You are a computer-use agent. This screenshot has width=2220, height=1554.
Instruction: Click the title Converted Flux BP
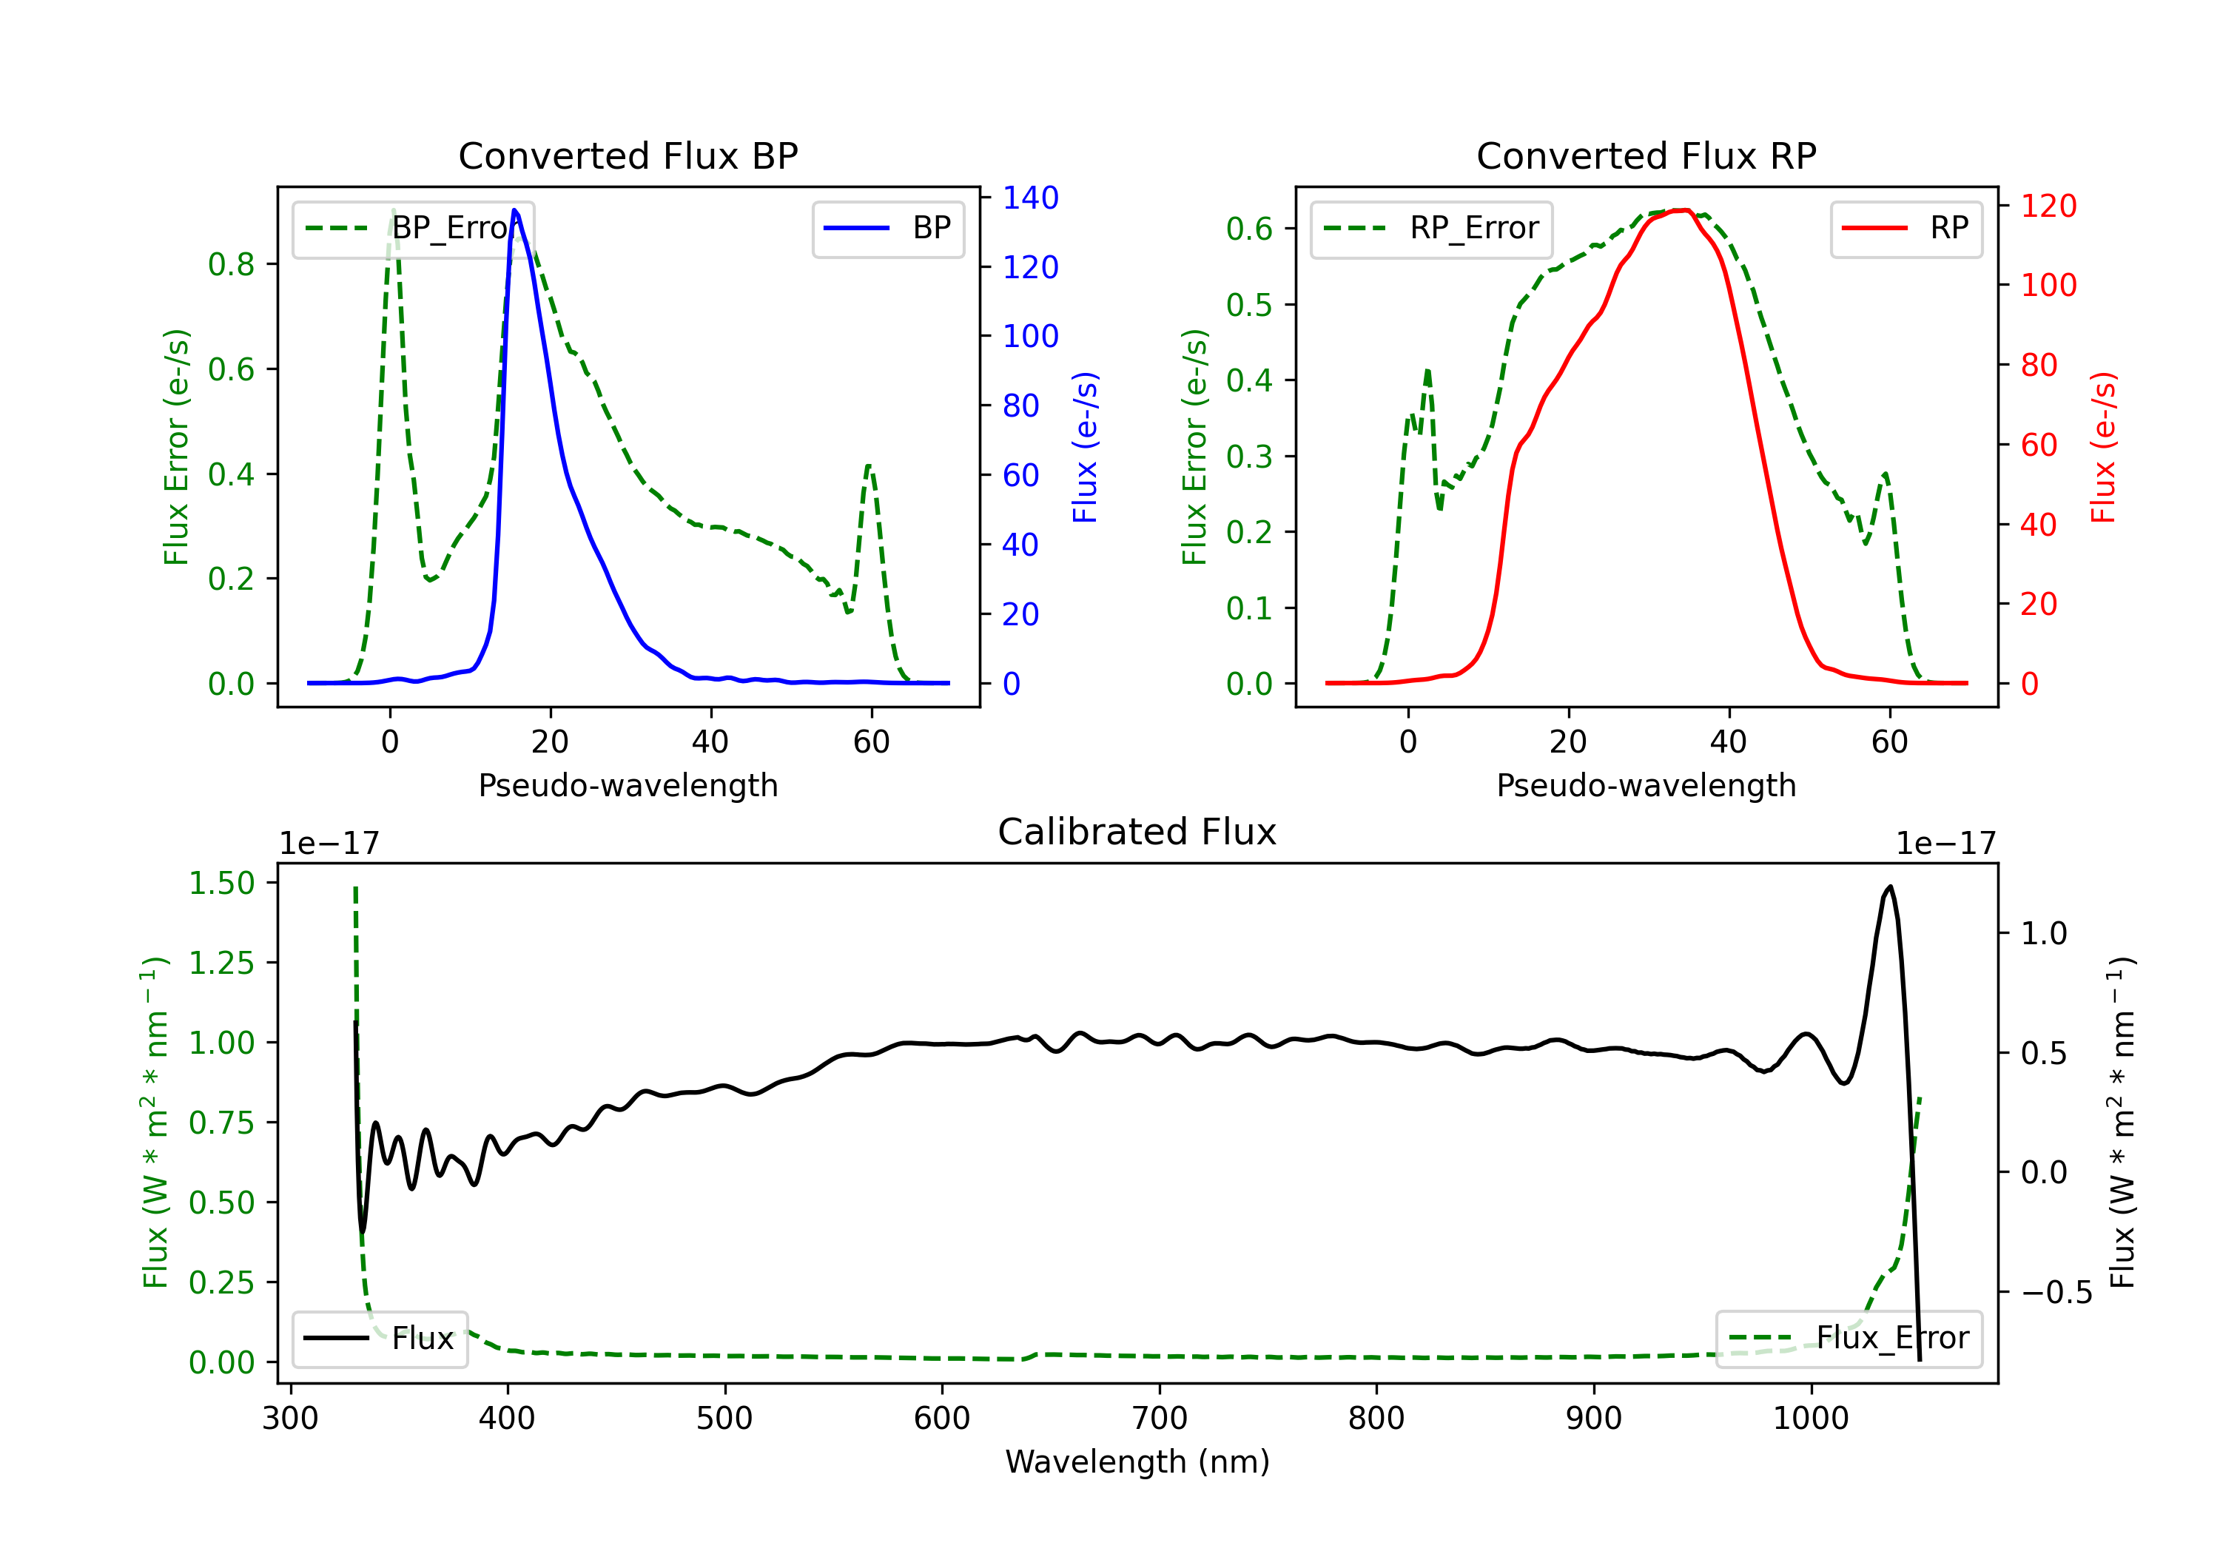628,155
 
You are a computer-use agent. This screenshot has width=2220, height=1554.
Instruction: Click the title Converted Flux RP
1646,155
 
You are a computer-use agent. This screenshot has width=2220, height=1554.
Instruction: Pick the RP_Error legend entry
1431,228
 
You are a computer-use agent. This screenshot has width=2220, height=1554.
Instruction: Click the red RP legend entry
1905,228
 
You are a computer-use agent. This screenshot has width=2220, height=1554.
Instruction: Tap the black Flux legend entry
380,1339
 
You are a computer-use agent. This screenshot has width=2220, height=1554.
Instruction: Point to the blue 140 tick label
1030,198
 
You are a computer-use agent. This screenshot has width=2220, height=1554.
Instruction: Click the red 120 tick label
2048,206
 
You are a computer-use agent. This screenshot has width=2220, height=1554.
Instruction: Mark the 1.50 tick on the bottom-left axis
221,883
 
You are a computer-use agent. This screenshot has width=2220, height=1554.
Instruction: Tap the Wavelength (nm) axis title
1137,1461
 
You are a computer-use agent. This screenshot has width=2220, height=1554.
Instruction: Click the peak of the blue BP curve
514,210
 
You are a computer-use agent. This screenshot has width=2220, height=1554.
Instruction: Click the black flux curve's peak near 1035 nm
1889,887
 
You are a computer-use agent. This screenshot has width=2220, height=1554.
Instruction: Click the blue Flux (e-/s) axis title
1085,447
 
